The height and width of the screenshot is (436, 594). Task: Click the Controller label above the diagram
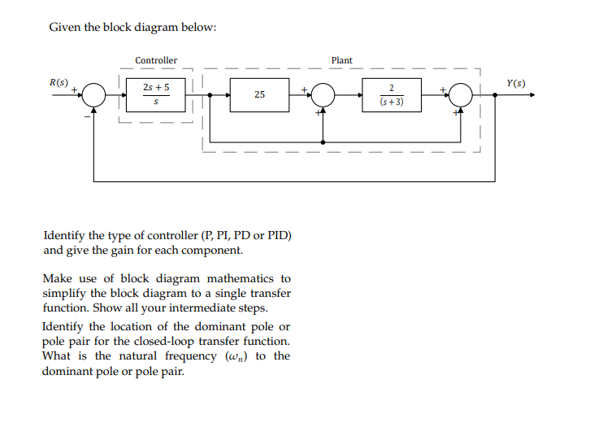155,60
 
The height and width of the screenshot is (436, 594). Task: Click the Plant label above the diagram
342,60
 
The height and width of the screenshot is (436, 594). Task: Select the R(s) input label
59,82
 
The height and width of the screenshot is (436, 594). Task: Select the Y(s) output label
515,83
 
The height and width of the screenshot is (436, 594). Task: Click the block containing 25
258,95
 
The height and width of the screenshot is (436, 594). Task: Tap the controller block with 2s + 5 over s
156,95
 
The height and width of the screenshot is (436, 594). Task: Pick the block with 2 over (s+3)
392,95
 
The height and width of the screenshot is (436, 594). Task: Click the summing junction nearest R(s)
95,95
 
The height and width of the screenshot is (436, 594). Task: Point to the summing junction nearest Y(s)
462,95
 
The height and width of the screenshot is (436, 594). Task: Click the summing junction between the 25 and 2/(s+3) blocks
323,95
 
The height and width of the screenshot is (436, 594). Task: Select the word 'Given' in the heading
64,28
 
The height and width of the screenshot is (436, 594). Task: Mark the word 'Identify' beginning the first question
64,236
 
